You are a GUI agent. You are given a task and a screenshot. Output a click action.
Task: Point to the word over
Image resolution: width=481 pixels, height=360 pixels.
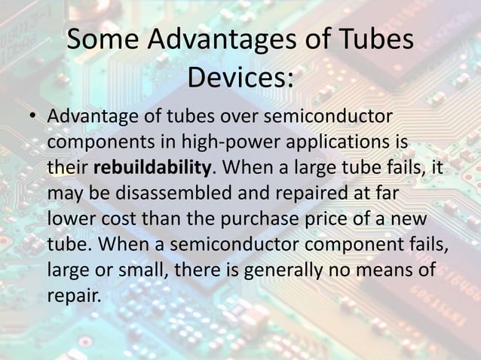click(x=233, y=118)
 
